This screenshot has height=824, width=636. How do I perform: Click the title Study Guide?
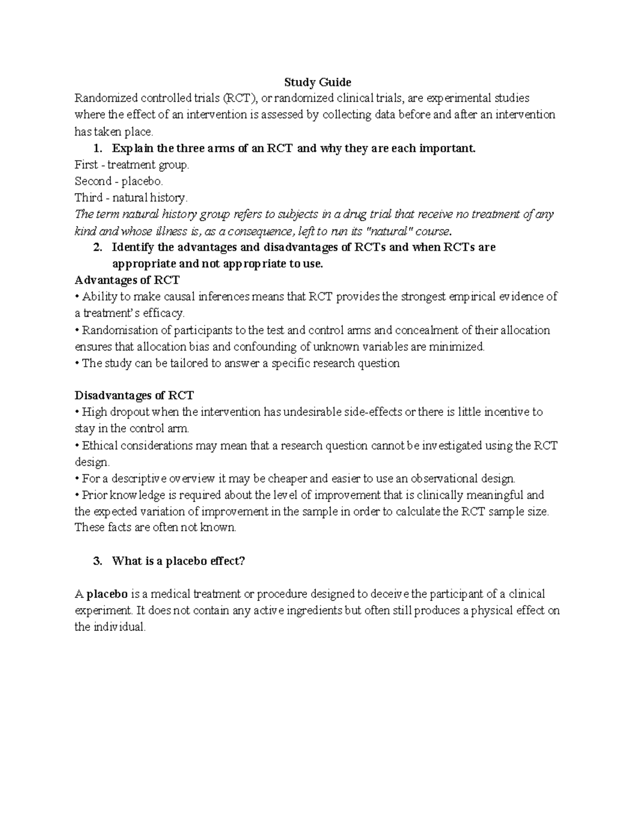click(317, 82)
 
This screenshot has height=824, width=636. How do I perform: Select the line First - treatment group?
click(131, 165)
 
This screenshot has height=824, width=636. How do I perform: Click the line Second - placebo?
click(116, 181)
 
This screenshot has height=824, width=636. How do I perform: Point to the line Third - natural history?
click(131, 198)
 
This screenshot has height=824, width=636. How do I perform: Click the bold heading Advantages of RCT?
click(127, 280)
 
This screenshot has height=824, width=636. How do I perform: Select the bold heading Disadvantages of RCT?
click(134, 395)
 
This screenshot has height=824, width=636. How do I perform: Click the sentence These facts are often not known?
click(155, 528)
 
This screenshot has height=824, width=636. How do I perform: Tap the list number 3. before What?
click(97, 561)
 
